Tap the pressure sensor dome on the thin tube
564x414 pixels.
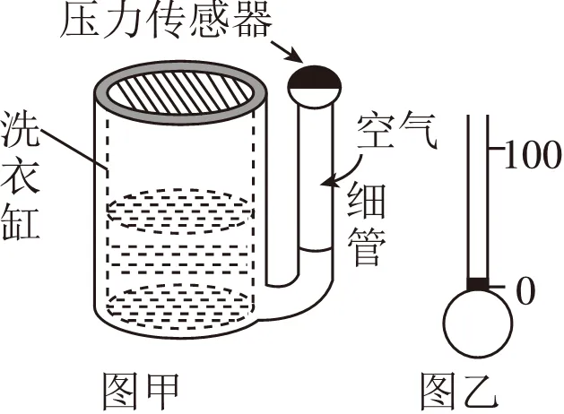[x=314, y=83]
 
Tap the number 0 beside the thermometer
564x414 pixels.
[x=525, y=289]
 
